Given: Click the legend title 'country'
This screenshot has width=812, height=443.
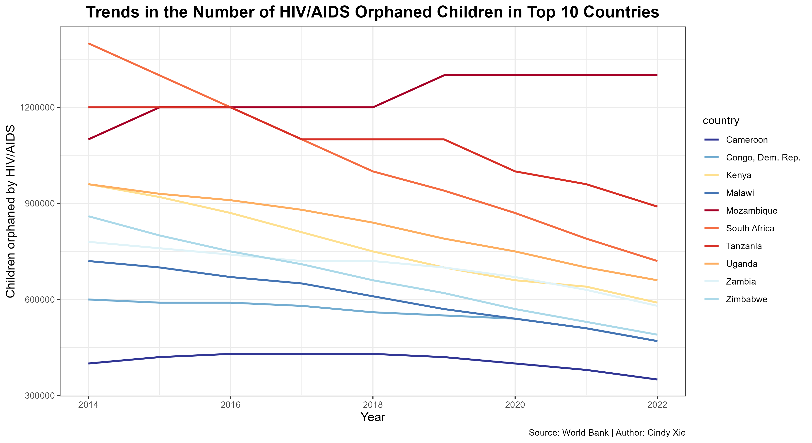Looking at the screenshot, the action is pos(721,120).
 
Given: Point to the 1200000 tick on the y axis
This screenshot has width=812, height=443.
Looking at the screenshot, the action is pos(37,108).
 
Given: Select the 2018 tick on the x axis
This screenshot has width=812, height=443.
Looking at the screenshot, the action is pos(373,405).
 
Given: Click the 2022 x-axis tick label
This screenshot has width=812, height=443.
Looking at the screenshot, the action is pos(657,405).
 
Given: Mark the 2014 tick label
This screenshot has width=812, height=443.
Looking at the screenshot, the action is pos(88,405).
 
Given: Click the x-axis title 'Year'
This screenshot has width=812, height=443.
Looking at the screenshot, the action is pos(373,417).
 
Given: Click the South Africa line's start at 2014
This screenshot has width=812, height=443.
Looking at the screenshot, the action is pos(88,44).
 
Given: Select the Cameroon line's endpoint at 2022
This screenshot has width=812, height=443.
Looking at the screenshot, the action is pos(657,380).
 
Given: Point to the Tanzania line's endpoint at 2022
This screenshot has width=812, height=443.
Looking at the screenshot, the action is pos(657,206).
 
